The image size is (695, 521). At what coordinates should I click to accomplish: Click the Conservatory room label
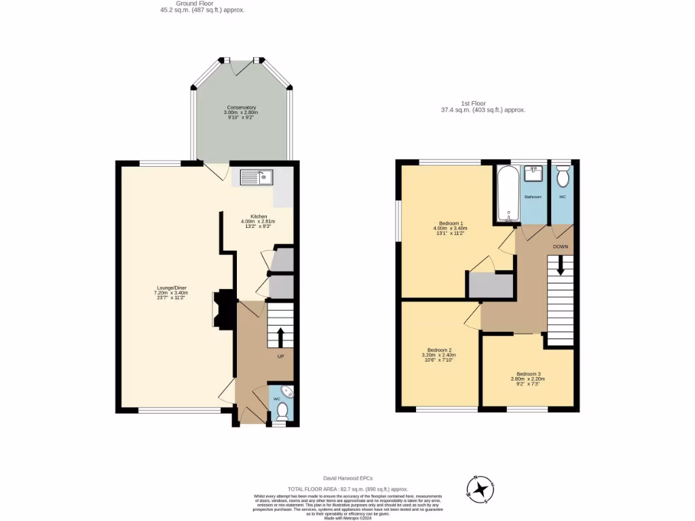click(241, 113)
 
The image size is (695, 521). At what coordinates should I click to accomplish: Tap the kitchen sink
click(257, 177)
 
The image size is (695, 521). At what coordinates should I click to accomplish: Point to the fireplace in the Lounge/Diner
click(224, 310)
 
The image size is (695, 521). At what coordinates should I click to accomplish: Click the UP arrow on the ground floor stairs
click(280, 336)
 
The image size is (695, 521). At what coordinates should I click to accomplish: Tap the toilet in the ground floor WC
click(281, 412)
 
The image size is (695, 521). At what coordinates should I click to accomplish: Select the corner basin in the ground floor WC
click(287, 391)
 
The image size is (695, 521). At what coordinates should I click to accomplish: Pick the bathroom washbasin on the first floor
click(535, 174)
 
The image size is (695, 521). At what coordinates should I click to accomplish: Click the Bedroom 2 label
click(438, 354)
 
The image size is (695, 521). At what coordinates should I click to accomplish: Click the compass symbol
click(481, 488)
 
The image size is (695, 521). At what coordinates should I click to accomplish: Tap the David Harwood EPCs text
click(347, 478)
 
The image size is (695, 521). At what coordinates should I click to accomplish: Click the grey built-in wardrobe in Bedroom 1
click(491, 285)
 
